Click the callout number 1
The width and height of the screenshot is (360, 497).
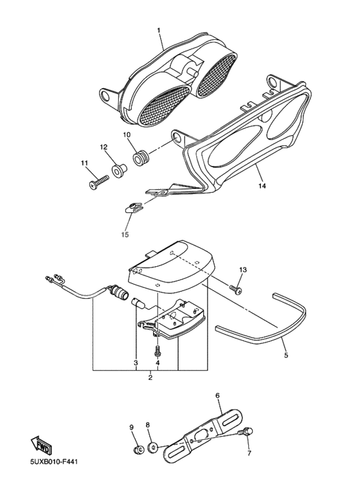(159, 30)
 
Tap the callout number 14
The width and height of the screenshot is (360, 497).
(262, 186)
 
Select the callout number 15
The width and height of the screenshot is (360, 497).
(125, 235)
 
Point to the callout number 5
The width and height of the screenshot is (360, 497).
(286, 356)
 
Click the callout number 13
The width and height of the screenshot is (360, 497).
(243, 270)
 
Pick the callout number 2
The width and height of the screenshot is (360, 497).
(150, 377)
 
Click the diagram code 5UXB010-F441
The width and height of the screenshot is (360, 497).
(54, 461)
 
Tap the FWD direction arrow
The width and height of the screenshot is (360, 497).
(42, 444)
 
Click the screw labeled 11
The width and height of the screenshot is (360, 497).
(98, 183)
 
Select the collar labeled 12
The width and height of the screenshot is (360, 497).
(119, 169)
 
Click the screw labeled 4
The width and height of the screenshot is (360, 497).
(157, 350)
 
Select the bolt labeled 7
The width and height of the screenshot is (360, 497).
(248, 431)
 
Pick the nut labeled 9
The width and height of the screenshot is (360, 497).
(137, 449)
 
